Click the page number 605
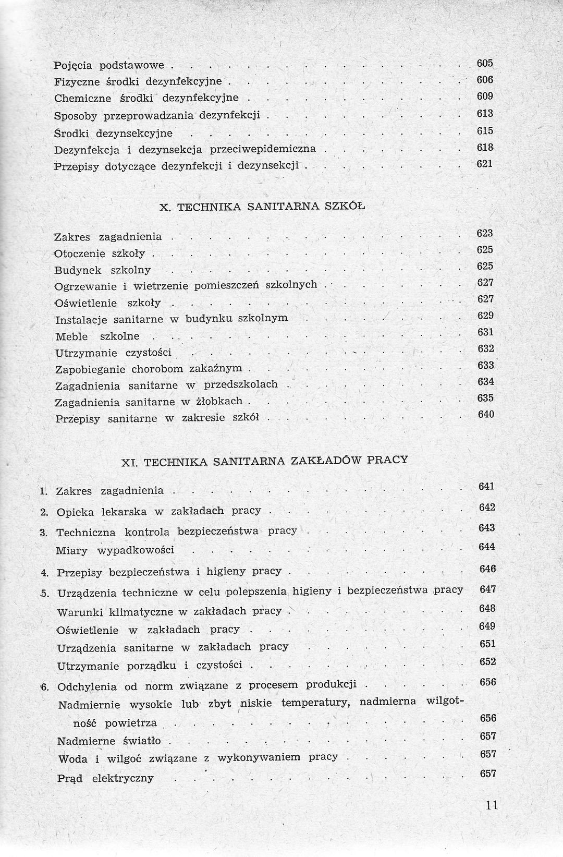(x=485, y=64)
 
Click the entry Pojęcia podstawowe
(x=109, y=66)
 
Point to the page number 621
(x=485, y=164)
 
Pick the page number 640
(x=485, y=415)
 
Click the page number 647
(x=487, y=589)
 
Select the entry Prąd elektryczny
(x=105, y=778)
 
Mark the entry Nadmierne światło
(x=109, y=741)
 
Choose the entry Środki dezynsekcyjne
(x=113, y=133)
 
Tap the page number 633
(x=485, y=366)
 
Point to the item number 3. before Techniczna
(x=44, y=533)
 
